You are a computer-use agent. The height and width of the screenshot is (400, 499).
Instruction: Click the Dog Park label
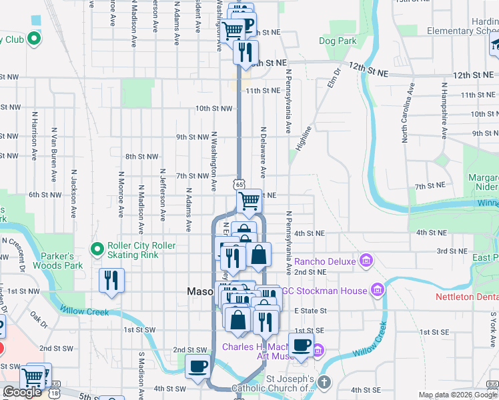(x=337, y=41)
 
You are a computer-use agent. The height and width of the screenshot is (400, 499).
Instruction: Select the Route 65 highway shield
(x=239, y=183)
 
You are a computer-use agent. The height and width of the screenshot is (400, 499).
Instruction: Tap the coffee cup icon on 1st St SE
(x=301, y=345)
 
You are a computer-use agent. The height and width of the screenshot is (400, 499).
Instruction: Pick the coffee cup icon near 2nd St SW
(x=197, y=365)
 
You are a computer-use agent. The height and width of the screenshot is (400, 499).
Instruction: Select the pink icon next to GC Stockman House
(x=378, y=290)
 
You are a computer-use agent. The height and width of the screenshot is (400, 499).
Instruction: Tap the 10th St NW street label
(x=213, y=108)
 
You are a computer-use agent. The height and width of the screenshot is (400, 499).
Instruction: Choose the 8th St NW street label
(x=142, y=157)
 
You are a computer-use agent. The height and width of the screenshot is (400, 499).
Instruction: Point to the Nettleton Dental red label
(x=466, y=296)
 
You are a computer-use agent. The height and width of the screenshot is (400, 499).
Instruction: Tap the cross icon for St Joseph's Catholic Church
(x=324, y=382)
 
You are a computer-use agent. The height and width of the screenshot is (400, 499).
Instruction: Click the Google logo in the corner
(x=22, y=392)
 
